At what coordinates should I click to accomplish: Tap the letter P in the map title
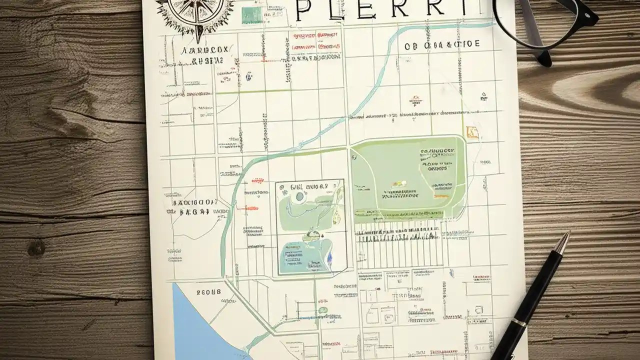[x=306, y=10]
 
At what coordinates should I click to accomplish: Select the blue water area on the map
[x=195, y=325]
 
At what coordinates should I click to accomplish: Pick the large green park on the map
[x=407, y=177]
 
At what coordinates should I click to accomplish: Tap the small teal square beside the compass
[x=251, y=14]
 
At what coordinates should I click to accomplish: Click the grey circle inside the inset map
[x=300, y=197]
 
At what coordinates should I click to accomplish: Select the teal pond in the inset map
[x=305, y=255]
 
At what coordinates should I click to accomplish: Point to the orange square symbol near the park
[x=471, y=132]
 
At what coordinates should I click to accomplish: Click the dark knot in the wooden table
[x=36, y=247]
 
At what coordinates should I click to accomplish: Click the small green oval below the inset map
[x=323, y=310]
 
